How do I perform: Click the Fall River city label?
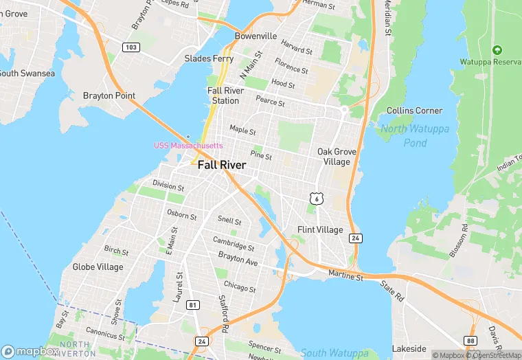point(222,165)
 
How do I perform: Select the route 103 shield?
point(131,47)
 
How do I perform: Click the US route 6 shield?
point(316,199)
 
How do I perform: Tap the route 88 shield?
point(470,340)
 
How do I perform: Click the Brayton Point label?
point(109,95)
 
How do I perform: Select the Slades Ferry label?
point(209,58)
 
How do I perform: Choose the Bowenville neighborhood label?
point(256,36)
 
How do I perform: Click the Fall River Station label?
point(225,95)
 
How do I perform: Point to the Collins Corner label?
point(414,111)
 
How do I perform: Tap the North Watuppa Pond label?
point(413,136)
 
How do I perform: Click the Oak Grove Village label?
point(334,157)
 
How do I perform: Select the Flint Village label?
point(319,229)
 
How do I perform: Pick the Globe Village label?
point(98,267)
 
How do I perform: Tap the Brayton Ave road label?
point(238,258)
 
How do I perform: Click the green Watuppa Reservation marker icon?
point(497,49)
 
